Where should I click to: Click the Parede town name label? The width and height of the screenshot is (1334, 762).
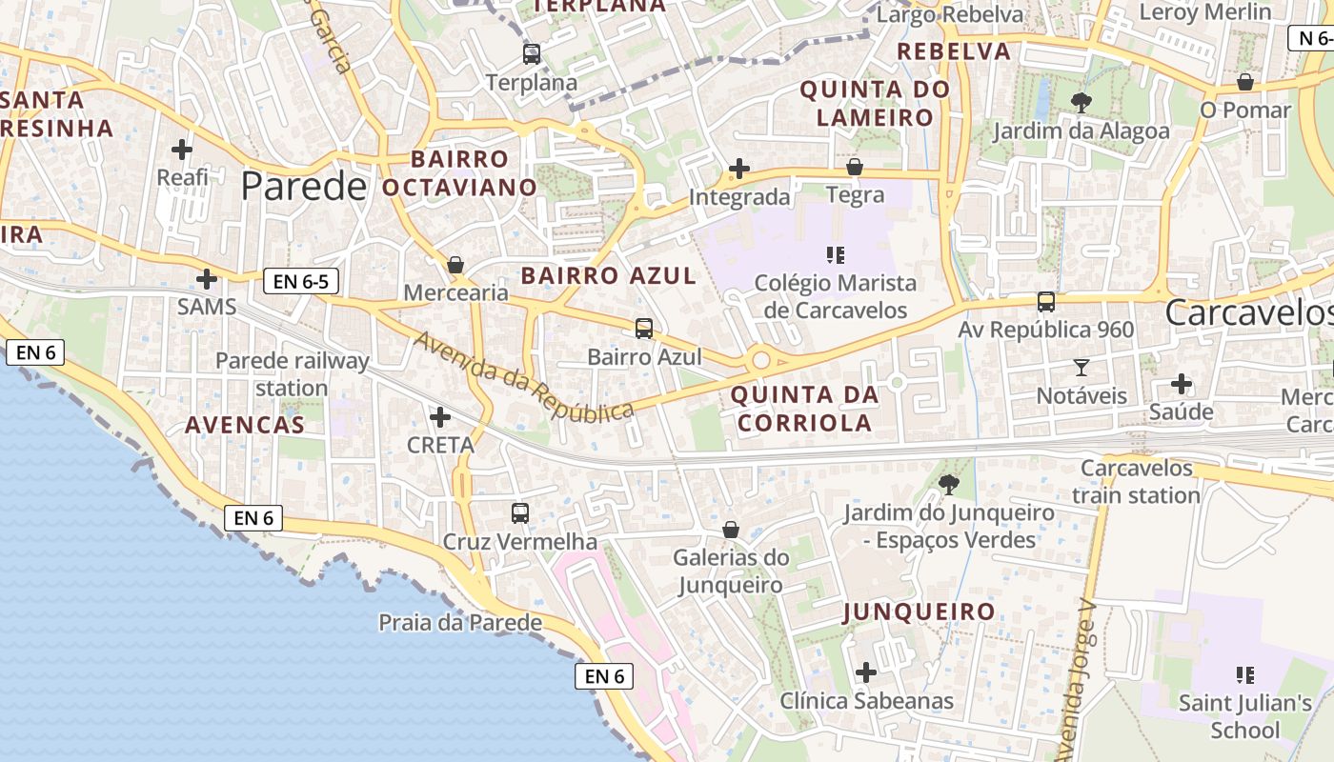[303, 186]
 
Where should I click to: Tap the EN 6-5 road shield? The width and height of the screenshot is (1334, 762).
[300, 281]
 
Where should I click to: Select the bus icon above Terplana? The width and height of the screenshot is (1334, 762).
[532, 53]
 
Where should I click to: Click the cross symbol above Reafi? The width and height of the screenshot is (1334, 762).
[182, 150]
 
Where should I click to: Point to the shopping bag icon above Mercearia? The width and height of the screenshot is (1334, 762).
[455, 264]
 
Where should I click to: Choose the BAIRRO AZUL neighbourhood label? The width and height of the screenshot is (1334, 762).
[609, 276]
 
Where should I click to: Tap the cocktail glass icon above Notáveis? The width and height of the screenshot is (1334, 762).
[1081, 367]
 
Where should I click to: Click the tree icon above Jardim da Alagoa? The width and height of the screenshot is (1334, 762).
[1081, 102]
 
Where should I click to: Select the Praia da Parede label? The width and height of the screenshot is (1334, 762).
[460, 623]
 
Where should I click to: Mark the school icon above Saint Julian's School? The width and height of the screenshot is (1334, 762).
[1244, 675]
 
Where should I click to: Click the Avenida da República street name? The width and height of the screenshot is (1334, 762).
[523, 377]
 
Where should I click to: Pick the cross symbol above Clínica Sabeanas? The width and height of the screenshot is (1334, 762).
[866, 672]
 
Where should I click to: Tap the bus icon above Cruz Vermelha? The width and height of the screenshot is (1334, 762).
[520, 513]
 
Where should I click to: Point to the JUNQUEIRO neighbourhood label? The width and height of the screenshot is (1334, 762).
[919, 612]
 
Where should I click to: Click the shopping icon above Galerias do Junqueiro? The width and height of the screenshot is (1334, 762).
[731, 529]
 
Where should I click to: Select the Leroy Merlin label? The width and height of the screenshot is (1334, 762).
[1205, 12]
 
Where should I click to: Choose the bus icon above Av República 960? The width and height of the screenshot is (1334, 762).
[1046, 302]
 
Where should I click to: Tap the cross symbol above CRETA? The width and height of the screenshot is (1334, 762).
[440, 416]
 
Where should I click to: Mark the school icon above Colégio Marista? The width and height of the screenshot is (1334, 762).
[836, 254]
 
